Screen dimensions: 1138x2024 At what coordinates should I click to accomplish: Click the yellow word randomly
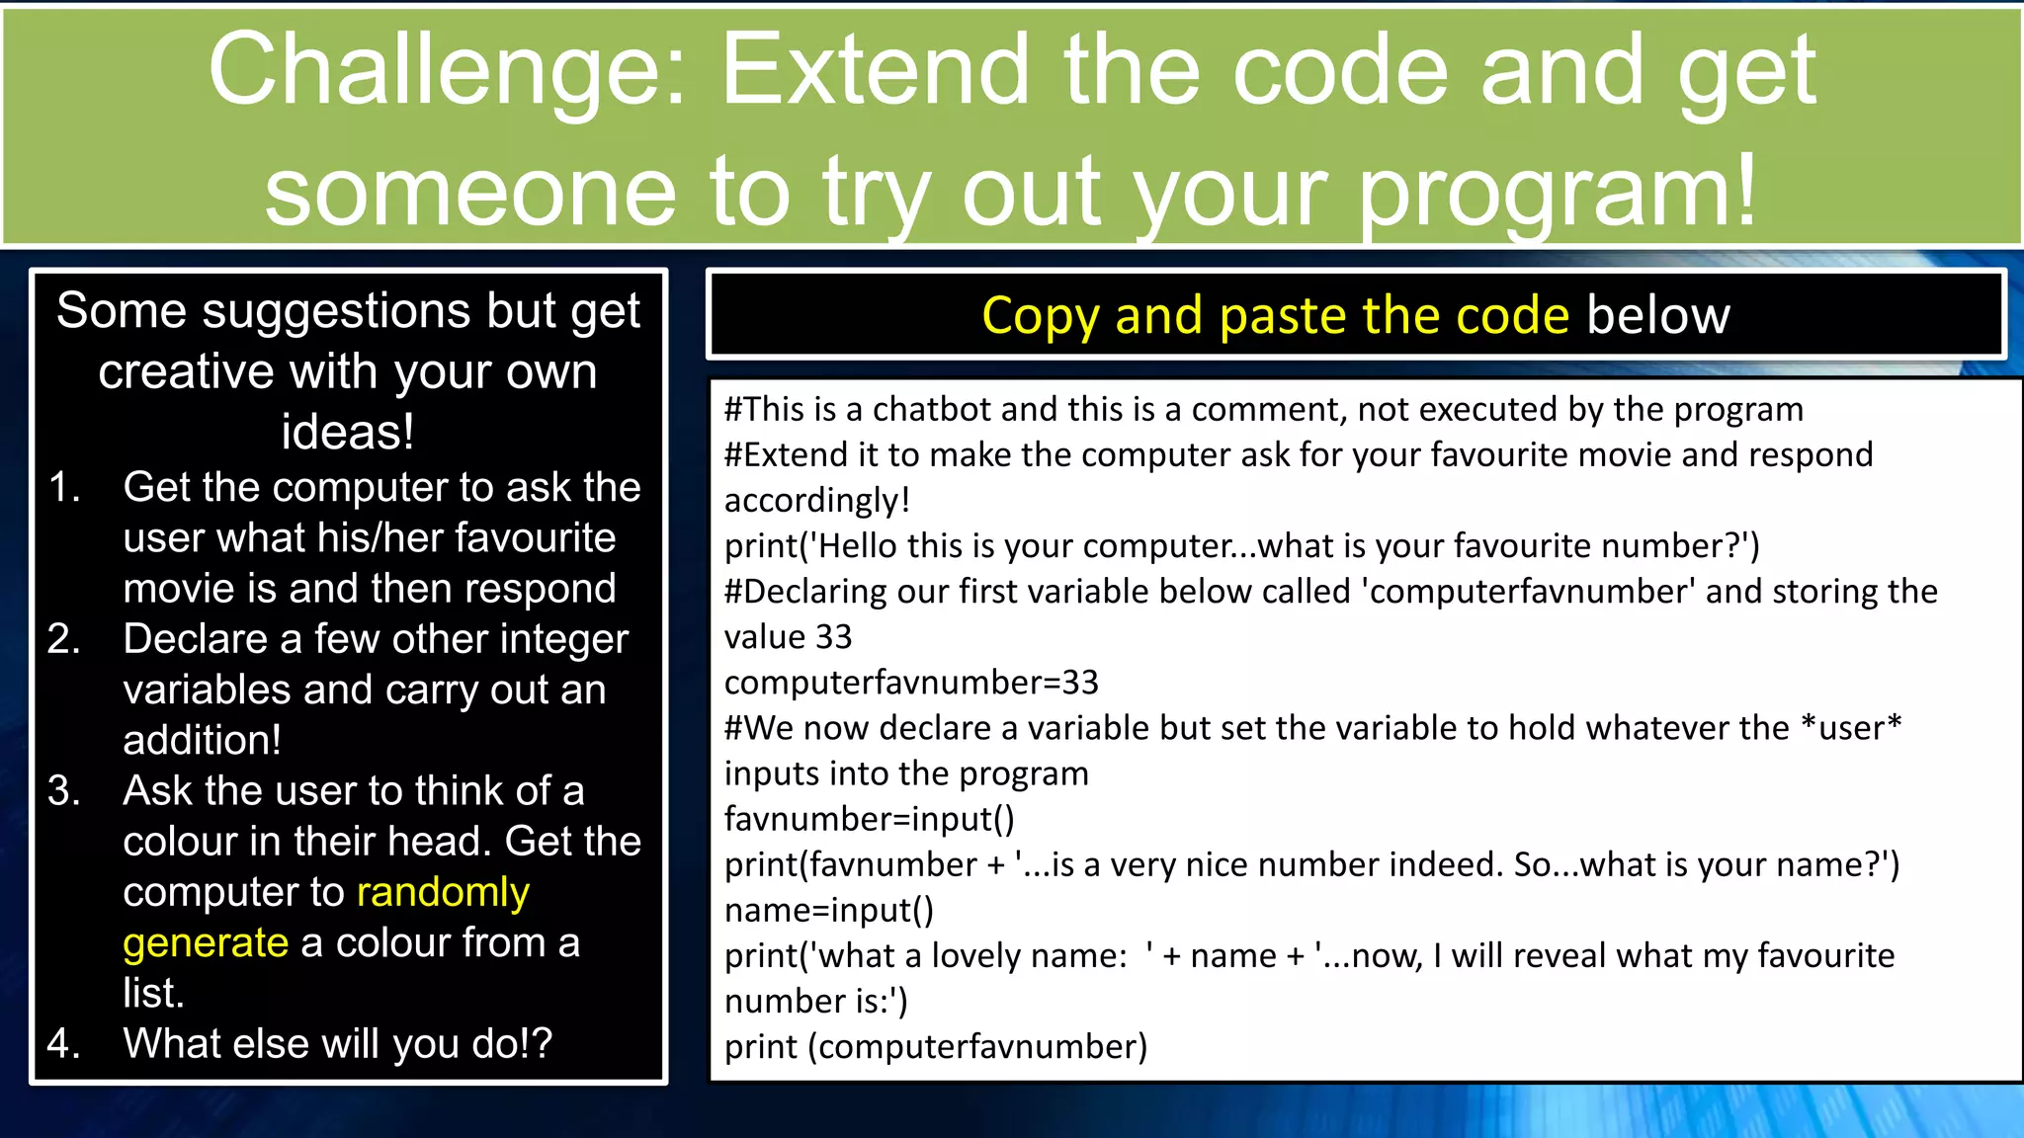click(x=443, y=892)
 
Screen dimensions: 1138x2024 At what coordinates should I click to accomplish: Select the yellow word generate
click(x=206, y=942)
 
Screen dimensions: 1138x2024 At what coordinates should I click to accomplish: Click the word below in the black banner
click(x=1657, y=316)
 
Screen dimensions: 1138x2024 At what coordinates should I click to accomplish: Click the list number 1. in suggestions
click(x=65, y=487)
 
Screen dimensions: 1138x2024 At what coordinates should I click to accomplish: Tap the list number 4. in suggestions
click(x=64, y=1043)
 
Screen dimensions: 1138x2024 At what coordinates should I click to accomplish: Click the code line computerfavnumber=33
click(x=911, y=683)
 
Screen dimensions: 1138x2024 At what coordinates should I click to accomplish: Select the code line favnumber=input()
click(x=869, y=819)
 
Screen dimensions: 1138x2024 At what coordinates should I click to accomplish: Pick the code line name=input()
click(x=828, y=910)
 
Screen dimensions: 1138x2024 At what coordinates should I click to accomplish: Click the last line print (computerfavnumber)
click(x=935, y=1046)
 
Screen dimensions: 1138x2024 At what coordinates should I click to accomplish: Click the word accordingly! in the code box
click(x=816, y=501)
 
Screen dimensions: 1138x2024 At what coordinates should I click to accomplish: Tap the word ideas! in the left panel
click(x=348, y=432)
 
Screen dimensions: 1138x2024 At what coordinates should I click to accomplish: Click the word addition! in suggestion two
click(x=203, y=740)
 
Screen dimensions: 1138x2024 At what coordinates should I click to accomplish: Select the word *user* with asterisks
click(x=1850, y=728)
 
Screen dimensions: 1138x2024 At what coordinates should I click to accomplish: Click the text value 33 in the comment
click(x=788, y=637)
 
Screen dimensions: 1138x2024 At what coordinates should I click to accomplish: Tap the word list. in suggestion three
click(x=154, y=993)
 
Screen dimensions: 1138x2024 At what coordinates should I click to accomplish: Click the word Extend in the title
click(x=875, y=71)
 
